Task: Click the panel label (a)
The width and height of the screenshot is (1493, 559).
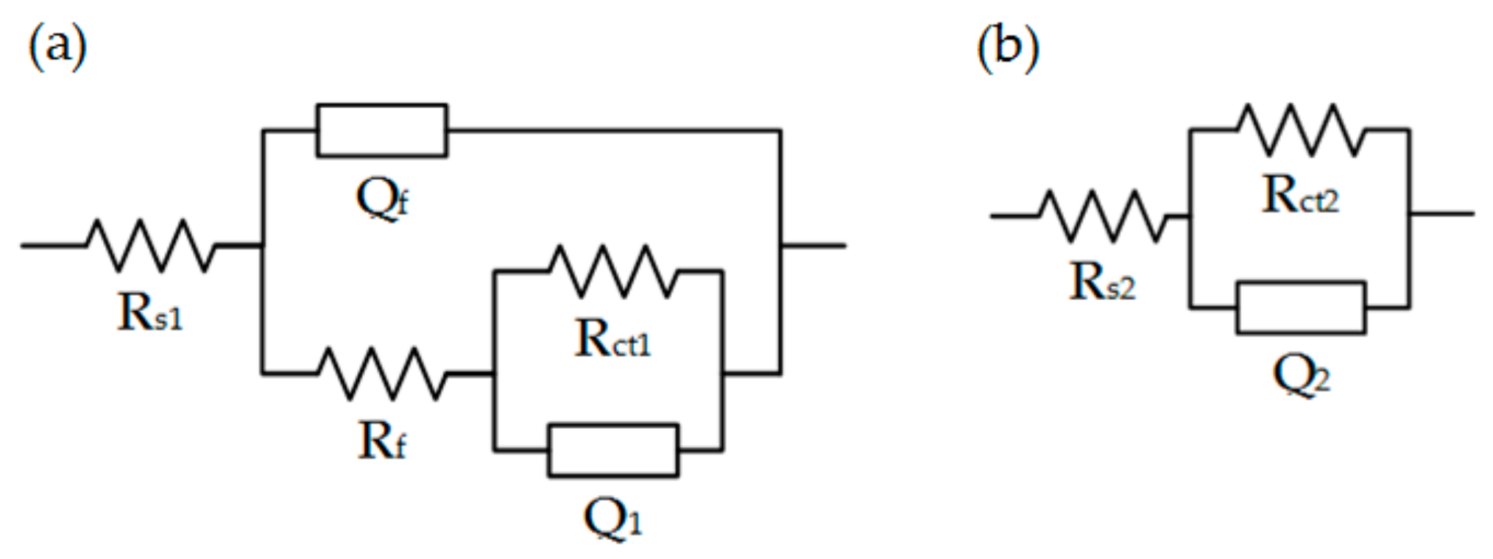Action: pos(57,46)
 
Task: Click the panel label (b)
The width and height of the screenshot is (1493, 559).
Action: pos(1007,47)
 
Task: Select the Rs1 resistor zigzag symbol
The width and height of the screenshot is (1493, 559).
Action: pos(151,245)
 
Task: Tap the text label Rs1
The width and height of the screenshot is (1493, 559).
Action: pos(149,313)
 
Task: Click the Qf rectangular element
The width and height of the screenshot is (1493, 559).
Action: pos(381,131)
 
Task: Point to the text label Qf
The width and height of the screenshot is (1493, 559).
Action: pos(382,199)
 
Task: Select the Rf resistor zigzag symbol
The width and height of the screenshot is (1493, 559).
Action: pos(382,374)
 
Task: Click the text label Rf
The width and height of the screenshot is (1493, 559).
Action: pos(381,441)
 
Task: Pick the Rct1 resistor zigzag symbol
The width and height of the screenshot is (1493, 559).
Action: pos(613,271)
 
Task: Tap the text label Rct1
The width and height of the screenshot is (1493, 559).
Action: pos(613,340)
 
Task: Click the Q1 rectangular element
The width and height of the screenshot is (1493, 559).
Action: pos(613,450)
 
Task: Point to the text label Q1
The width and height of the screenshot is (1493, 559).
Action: pos(613,518)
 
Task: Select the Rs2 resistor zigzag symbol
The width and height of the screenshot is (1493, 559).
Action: pos(1102,216)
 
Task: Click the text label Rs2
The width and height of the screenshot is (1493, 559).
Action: pos(1102,282)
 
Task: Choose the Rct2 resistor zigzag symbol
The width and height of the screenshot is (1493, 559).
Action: pos(1301,130)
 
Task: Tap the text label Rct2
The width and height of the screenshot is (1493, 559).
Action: pos(1300,196)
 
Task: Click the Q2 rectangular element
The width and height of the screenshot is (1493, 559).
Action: pos(1301,307)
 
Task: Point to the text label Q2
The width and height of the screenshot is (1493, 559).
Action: pos(1301,375)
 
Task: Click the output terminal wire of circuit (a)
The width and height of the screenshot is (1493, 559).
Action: pos(813,245)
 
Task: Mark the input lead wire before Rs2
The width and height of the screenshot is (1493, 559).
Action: pos(1014,216)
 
